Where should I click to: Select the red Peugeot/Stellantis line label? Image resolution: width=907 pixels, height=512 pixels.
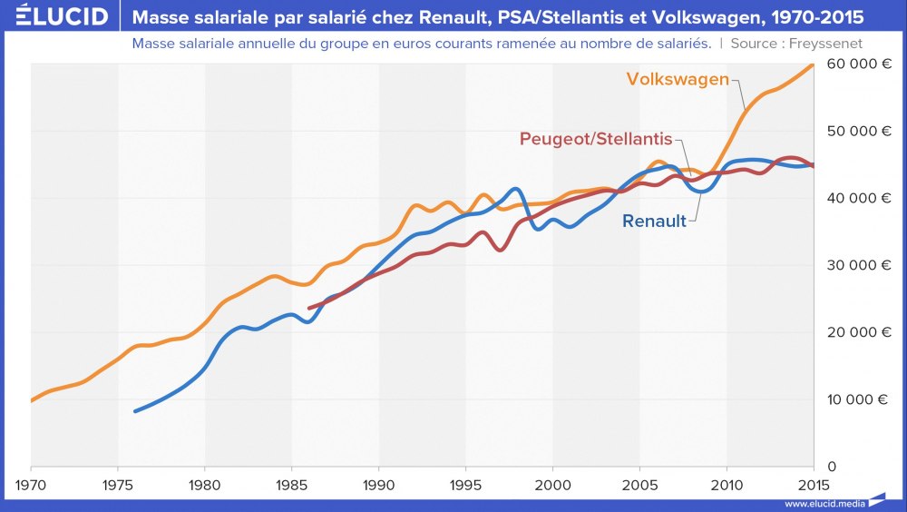click(x=596, y=139)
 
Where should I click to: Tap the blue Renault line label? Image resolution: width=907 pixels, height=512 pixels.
click(x=654, y=221)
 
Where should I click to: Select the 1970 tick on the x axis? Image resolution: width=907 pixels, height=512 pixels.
click(x=31, y=483)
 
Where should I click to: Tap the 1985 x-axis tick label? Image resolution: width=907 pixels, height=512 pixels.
click(x=292, y=483)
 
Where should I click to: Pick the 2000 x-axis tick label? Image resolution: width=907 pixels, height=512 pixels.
click(x=553, y=483)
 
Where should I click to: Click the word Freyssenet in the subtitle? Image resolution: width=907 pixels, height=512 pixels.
click(x=826, y=43)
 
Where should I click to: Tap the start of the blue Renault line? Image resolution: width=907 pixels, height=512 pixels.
click(x=135, y=411)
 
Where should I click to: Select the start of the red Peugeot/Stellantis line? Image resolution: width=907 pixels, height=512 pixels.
click(x=309, y=309)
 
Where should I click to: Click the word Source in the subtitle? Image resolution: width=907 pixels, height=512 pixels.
click(x=751, y=43)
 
